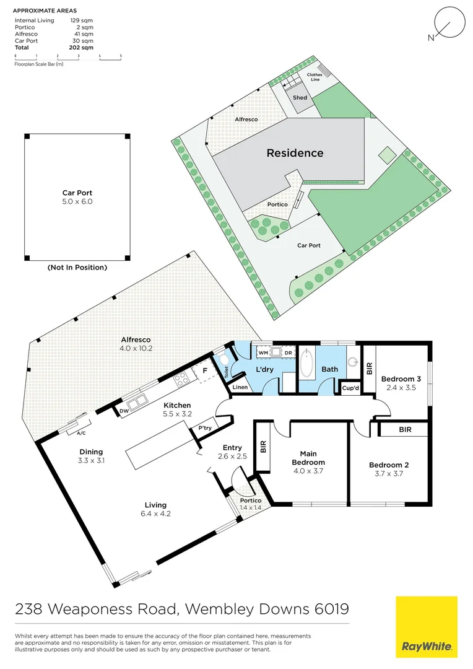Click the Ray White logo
coord(427,627)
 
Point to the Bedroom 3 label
coord(401,379)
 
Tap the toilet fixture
coord(223,361)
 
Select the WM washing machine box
coord(263,352)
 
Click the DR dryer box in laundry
coord(288,352)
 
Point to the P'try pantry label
coord(204,428)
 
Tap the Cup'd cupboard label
coord(350,388)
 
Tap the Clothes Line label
coord(315,77)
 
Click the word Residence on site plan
coord(295,153)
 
